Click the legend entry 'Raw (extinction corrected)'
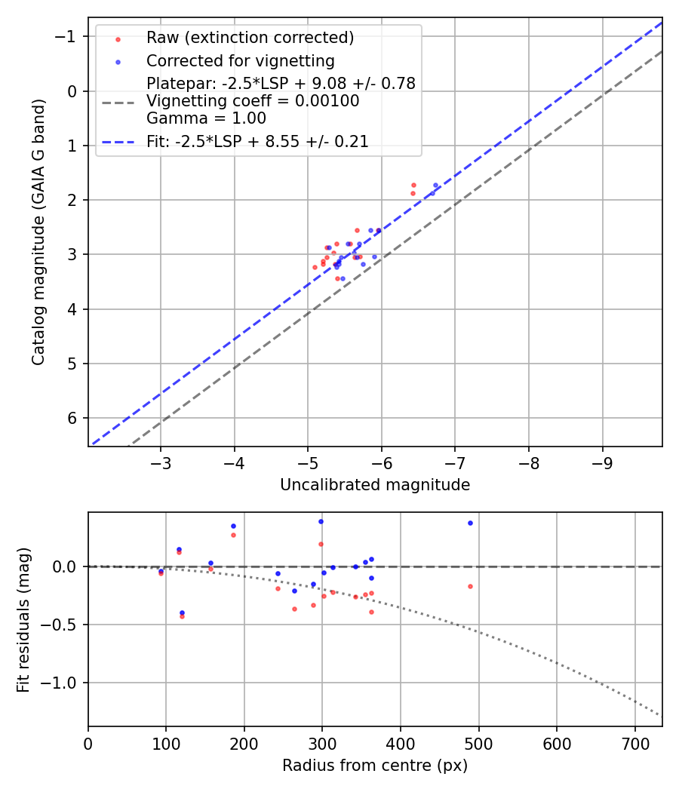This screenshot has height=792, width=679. pyautogui.click(x=250, y=38)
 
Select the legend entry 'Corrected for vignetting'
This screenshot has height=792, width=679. pyautogui.click(x=240, y=60)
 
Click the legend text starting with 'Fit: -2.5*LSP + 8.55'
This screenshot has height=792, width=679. pyautogui.click(x=257, y=141)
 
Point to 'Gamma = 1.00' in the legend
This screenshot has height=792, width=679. pyautogui.click(x=206, y=118)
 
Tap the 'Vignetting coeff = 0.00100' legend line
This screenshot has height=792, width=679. pyautogui.click(x=253, y=101)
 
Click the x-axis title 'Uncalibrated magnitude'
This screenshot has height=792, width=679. pyautogui.click(x=375, y=485)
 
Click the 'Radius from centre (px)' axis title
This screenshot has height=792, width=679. pyautogui.click(x=375, y=766)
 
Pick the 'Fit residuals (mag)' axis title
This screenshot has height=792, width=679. pyautogui.click(x=23, y=619)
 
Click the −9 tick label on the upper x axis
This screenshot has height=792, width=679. pyautogui.click(x=602, y=462)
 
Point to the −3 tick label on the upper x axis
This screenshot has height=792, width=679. pyautogui.click(x=160, y=462)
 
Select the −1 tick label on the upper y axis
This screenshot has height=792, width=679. pyautogui.click(x=69, y=37)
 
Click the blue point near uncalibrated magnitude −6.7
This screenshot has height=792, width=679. pyautogui.click(x=435, y=185)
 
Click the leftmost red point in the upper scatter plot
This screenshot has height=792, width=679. pyautogui.click(x=315, y=267)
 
